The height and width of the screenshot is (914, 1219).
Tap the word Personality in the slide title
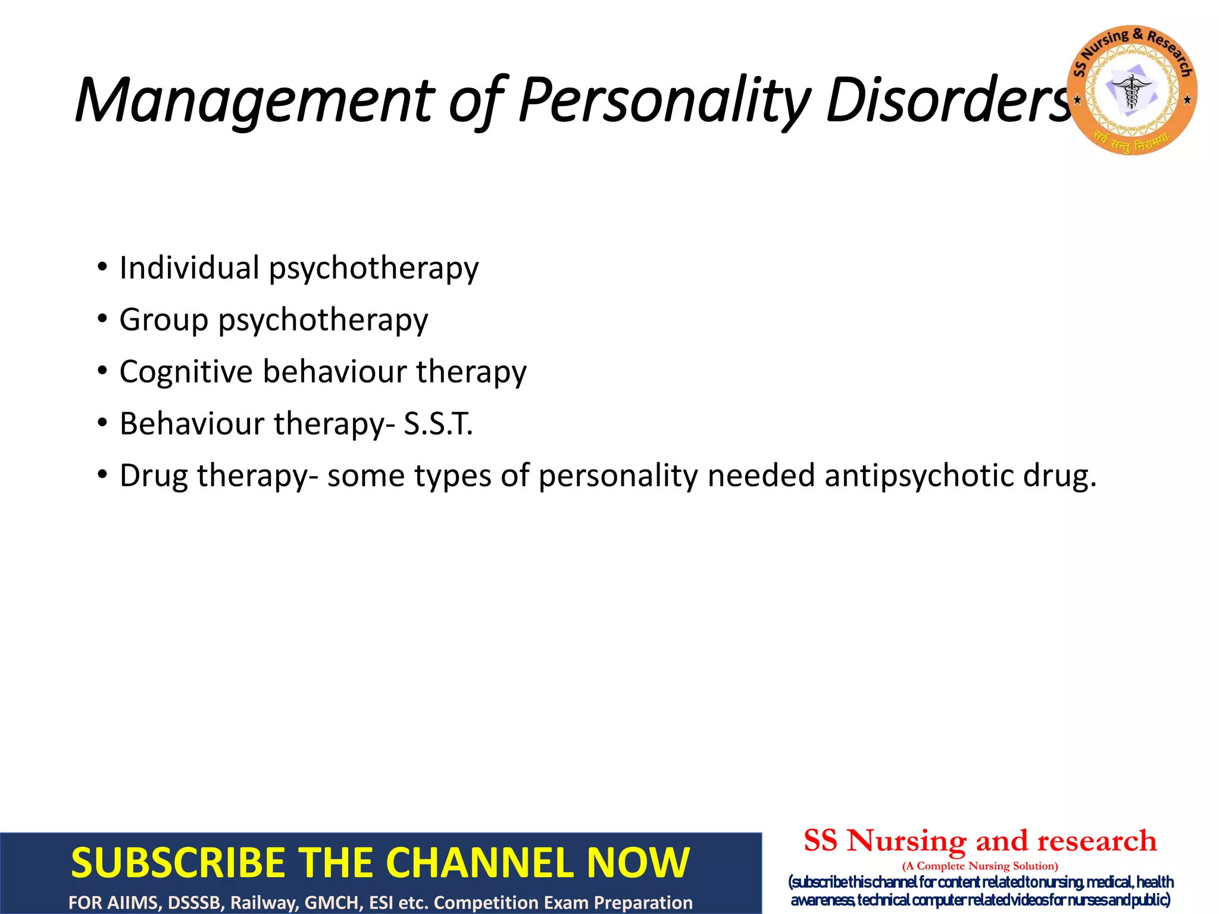[x=664, y=100]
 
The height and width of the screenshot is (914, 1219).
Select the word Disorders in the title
[x=949, y=100]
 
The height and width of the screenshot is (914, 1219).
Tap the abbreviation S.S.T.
[x=438, y=424]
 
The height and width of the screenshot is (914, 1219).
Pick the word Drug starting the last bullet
[x=154, y=475]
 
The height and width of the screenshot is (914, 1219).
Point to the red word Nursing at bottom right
[x=907, y=841]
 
